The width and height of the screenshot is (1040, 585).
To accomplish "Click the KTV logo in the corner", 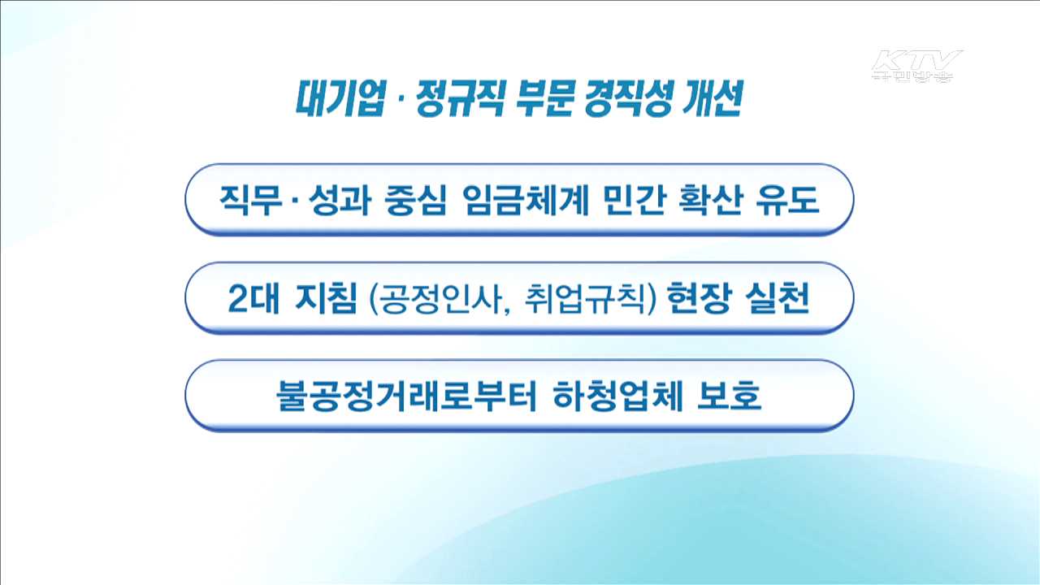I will point(916,65).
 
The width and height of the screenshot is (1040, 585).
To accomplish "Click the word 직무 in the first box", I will point(248,200).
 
